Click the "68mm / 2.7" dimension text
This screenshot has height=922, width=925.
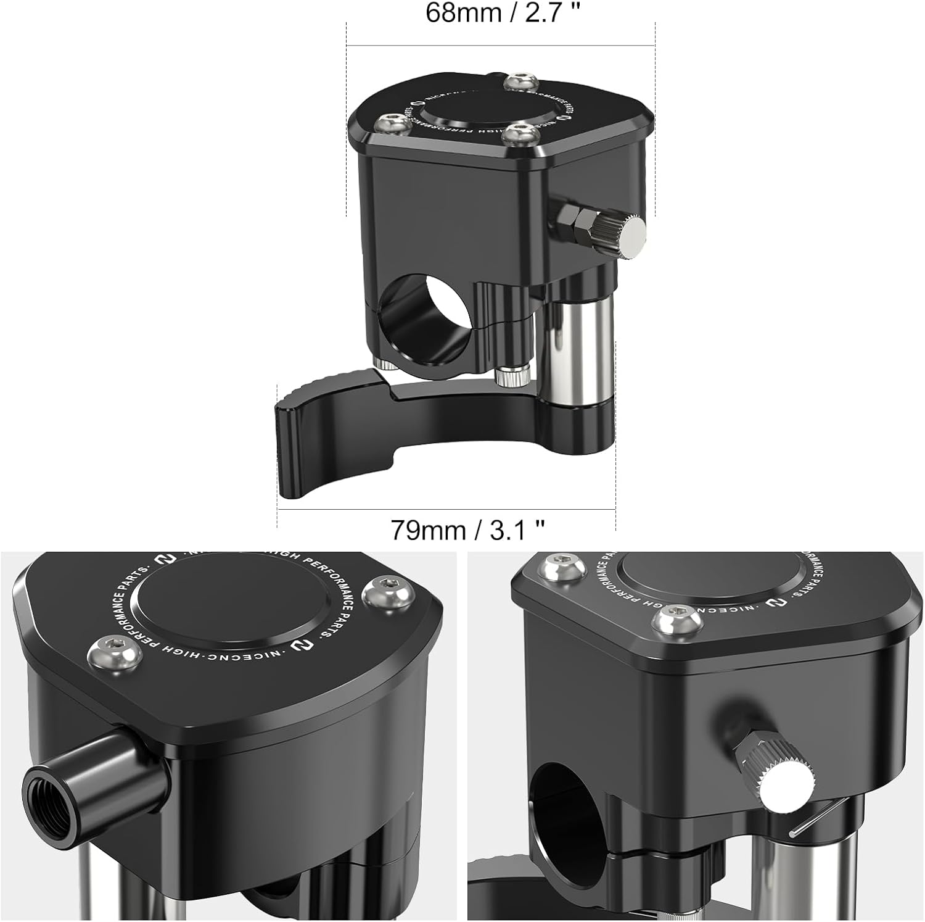(504, 12)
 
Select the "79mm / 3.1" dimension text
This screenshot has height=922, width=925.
(468, 530)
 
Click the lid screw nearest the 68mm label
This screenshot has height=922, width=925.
(520, 82)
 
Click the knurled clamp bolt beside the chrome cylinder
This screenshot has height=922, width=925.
(513, 375)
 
